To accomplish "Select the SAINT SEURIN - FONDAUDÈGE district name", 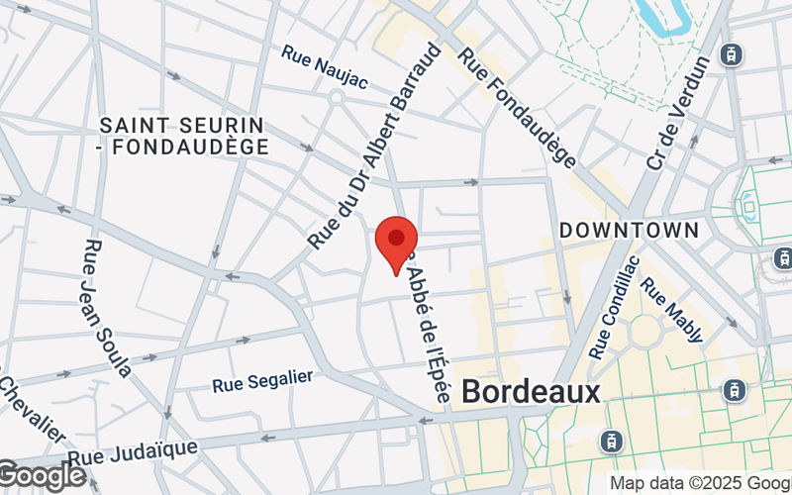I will (x=184, y=136).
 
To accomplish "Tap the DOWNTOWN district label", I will (x=629, y=231).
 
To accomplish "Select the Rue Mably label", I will (x=672, y=310).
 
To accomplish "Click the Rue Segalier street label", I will (x=262, y=380).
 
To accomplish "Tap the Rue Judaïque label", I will (x=134, y=453).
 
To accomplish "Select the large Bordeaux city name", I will (x=531, y=391).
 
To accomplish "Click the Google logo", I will (x=43, y=476).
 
